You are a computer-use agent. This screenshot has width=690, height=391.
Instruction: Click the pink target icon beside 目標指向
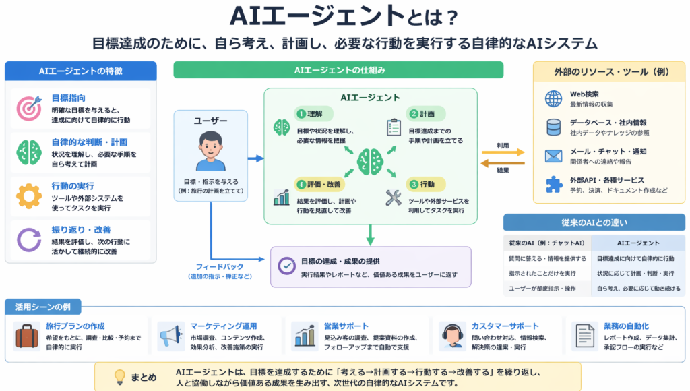pyautogui.click(x=29, y=108)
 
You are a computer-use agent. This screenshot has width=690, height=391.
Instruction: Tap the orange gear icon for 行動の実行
pyautogui.click(x=29, y=196)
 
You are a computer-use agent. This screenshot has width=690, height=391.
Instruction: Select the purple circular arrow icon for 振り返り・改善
pyautogui.click(x=29, y=239)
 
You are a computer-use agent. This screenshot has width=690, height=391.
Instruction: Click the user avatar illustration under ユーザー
pyautogui.click(x=210, y=151)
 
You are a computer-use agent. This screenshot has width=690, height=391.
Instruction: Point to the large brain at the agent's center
pyautogui.click(x=370, y=162)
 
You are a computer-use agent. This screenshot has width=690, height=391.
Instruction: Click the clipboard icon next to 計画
pyautogui.click(x=394, y=127)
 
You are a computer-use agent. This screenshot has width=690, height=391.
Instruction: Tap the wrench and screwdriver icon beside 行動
pyautogui.click(x=394, y=198)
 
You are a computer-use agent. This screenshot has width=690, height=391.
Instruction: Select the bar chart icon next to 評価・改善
pyautogui.click(x=282, y=198)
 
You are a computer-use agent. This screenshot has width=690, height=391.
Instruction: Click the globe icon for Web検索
pyautogui.click(x=554, y=98)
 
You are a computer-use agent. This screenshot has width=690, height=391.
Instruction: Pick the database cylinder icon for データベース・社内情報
pyautogui.click(x=554, y=127)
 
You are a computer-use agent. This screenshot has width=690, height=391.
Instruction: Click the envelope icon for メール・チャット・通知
pyautogui.click(x=554, y=156)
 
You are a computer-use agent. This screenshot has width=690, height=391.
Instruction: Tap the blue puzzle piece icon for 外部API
pyautogui.click(x=554, y=185)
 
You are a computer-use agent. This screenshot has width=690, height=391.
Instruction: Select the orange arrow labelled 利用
pyautogui.click(x=503, y=152)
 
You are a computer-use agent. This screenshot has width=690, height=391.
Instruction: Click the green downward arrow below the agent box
pyautogui.click(x=370, y=235)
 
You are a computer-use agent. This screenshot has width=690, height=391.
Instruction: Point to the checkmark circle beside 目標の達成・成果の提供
pyautogui.click(x=287, y=266)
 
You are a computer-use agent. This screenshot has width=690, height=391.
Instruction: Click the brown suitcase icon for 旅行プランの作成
pyautogui.click(x=27, y=336)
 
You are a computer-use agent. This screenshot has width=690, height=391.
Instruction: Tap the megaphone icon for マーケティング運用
pyautogui.click(x=171, y=336)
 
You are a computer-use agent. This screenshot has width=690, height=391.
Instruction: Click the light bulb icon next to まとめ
pyautogui.click(x=120, y=378)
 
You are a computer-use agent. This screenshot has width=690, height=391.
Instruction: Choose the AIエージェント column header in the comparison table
pyautogui.click(x=638, y=243)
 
